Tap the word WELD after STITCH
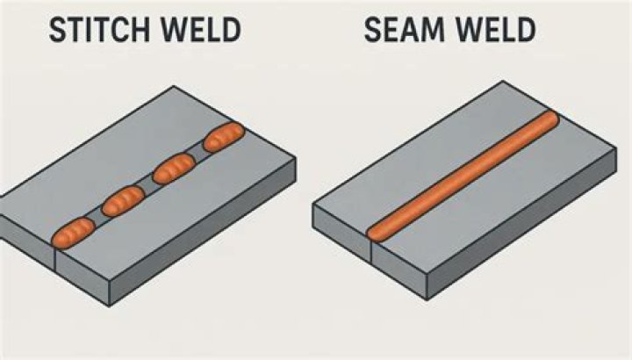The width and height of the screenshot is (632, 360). point(201,32)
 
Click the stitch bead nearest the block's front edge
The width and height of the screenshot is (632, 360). point(73,231)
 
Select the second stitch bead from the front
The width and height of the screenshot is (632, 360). point(124,201)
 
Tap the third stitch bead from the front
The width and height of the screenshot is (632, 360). point(174,167)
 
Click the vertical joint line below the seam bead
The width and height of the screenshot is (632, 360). point(372,256)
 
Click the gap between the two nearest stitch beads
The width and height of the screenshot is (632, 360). point(98,217)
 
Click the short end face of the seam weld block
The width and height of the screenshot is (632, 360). point(342,237)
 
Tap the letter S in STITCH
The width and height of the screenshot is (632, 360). point(57,32)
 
